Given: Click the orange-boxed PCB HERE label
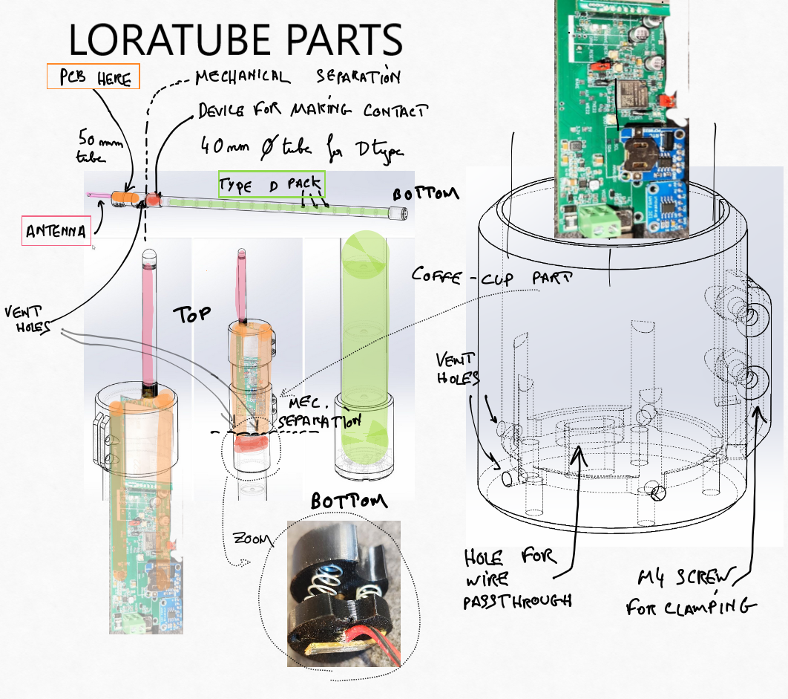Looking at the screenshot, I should (93, 77).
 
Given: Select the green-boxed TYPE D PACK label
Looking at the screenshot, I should (271, 185).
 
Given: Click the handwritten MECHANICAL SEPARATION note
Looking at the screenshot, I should (297, 77).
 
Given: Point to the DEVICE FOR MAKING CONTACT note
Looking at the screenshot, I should (312, 111).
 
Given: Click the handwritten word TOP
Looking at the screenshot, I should (192, 315).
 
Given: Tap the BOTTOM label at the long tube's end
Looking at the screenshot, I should (425, 194).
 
